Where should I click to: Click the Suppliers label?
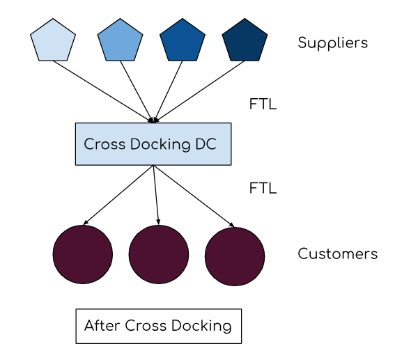(x=332, y=43)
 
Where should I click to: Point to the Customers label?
(x=337, y=254)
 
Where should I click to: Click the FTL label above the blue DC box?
(x=263, y=105)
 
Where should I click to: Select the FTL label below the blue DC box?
(x=263, y=188)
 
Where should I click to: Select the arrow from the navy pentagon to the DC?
(x=202, y=90)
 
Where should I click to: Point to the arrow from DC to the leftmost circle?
(x=118, y=195)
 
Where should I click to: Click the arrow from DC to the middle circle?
(x=156, y=195)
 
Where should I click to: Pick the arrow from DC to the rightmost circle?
(x=194, y=196)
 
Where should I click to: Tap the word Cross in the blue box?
(x=102, y=145)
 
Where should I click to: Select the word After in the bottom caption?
(x=102, y=326)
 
